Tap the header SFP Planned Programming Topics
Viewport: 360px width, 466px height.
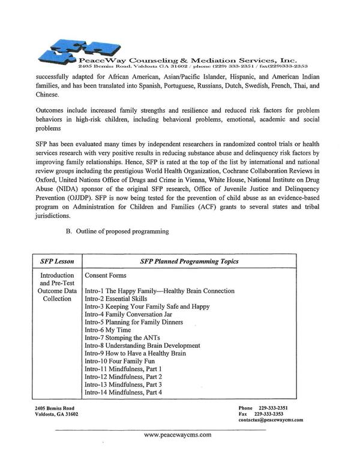pyautogui.click(x=189, y=261)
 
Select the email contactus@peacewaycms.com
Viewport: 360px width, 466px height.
pyautogui.click(x=271, y=420)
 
